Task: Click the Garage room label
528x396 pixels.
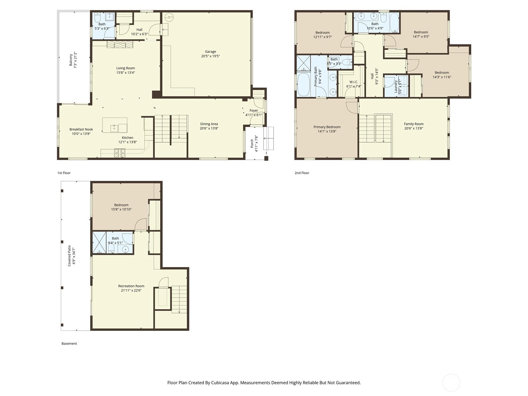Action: [x=211, y=51]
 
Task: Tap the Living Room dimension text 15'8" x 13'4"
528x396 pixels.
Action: [x=126, y=73]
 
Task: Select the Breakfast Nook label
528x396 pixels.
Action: [x=81, y=129]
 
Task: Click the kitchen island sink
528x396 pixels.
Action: [x=114, y=128]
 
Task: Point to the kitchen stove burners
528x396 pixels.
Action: [x=120, y=153]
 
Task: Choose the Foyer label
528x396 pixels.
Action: [x=254, y=111]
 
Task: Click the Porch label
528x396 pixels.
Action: [x=252, y=143]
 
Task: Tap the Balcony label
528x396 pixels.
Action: [x=71, y=60]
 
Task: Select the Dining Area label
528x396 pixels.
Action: [x=209, y=124]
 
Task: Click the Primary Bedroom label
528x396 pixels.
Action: [x=327, y=127]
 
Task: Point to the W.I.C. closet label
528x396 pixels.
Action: [x=354, y=82]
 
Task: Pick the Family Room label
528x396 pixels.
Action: [x=413, y=124]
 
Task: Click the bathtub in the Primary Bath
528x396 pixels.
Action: [x=304, y=84]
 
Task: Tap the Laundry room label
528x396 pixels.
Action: [x=395, y=86]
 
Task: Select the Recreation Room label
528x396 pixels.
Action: [x=131, y=286]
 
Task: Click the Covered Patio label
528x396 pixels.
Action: [x=69, y=255]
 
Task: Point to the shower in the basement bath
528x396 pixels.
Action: [x=99, y=243]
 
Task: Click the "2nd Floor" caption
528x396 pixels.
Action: [x=302, y=173]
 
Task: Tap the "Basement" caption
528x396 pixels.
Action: [x=69, y=344]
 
